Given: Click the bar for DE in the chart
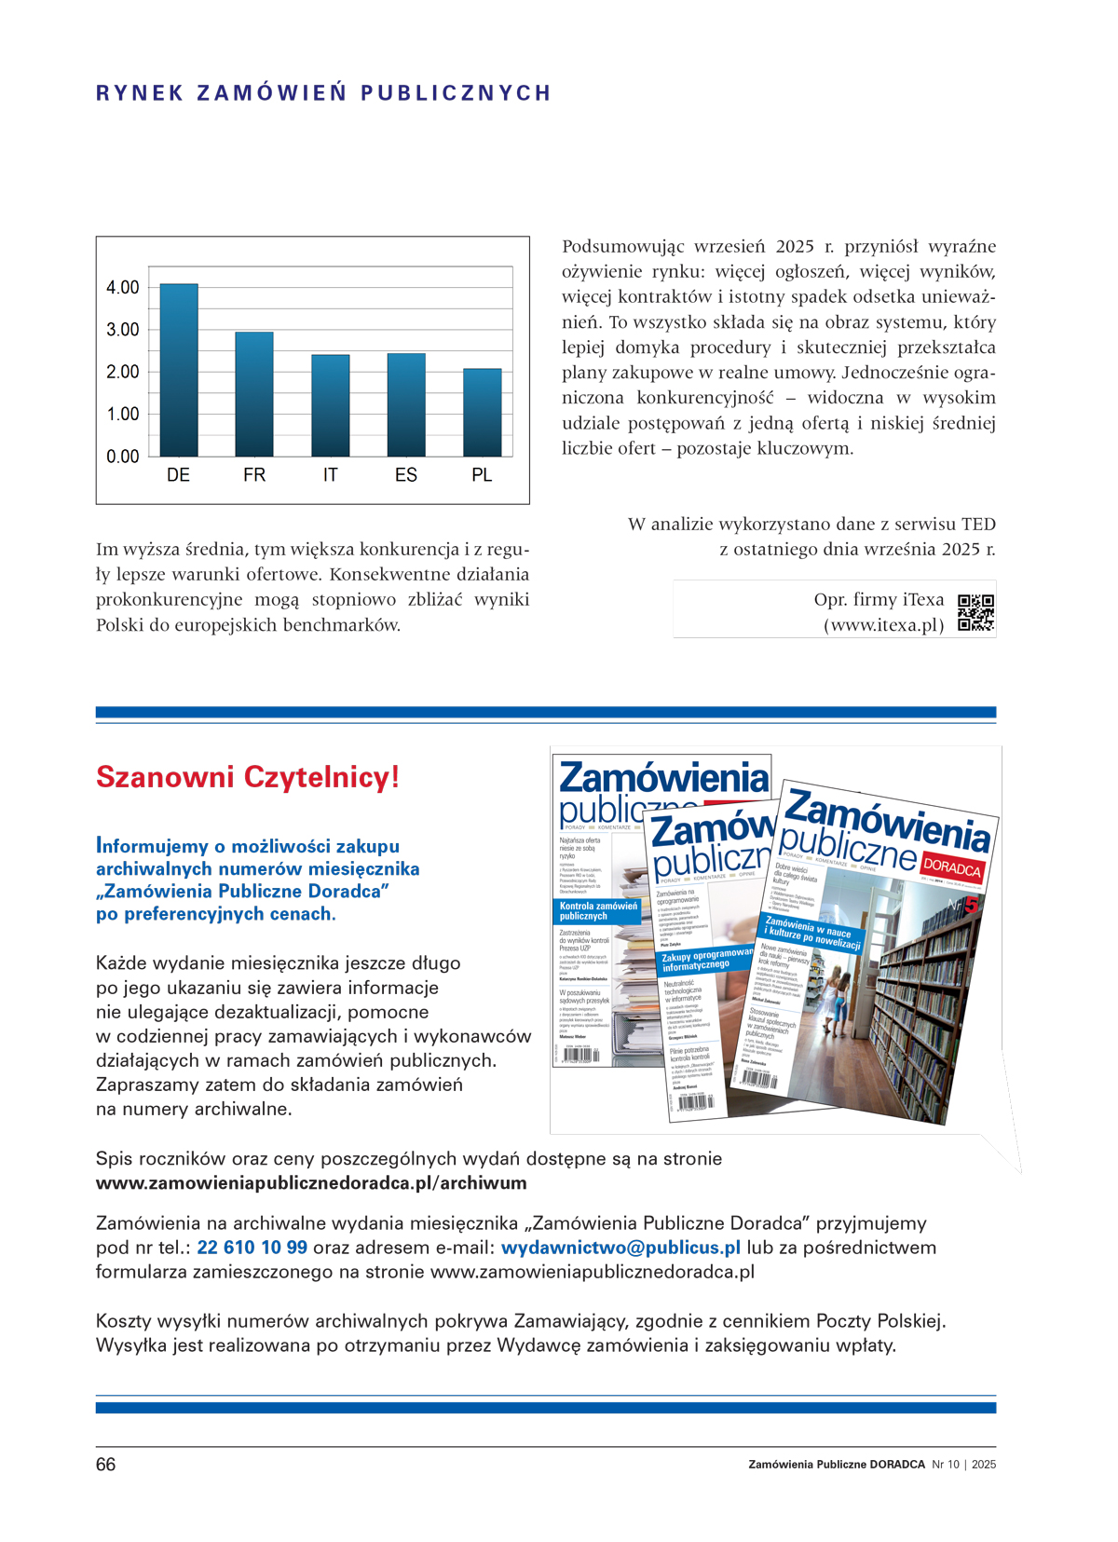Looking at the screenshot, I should [x=178, y=370].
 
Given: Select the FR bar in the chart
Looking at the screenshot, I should [x=254, y=394].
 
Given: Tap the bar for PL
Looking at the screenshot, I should [x=482, y=413].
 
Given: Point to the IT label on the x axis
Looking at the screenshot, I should [x=330, y=475].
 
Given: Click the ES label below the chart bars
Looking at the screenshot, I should [x=405, y=475].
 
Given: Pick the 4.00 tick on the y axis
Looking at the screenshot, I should [x=123, y=288].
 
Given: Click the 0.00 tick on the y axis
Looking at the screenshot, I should [x=123, y=457].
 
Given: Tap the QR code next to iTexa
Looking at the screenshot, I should [x=975, y=612].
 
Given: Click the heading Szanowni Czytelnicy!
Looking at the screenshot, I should [x=248, y=777].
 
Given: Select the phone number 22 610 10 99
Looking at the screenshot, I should [x=252, y=1248].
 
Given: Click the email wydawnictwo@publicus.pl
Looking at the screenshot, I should [x=620, y=1248].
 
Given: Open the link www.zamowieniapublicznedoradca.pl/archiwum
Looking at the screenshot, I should [x=311, y=1183].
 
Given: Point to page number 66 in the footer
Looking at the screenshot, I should [x=106, y=1465].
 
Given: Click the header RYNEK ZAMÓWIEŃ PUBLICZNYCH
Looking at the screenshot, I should [x=324, y=93].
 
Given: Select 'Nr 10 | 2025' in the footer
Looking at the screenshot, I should [x=963, y=1465].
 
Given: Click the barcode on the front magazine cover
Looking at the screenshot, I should [x=759, y=1079].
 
